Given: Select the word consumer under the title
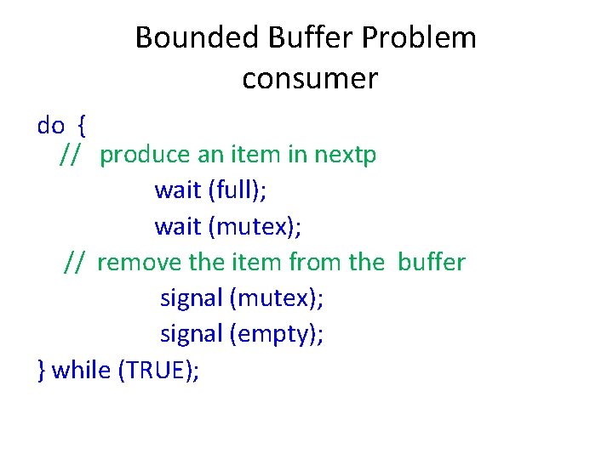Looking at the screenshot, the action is (310, 79).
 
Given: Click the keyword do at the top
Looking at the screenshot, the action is (51, 126).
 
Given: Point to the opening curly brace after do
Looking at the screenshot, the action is (81, 126).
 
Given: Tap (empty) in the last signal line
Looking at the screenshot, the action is (277, 334).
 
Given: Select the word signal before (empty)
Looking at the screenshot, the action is (192, 334).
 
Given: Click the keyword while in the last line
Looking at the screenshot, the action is (82, 370).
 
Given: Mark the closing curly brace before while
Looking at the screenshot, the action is (42, 370).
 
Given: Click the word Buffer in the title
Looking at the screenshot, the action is (298, 37).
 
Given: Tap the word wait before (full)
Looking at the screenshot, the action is (177, 190).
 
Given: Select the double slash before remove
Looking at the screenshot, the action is (73, 262).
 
